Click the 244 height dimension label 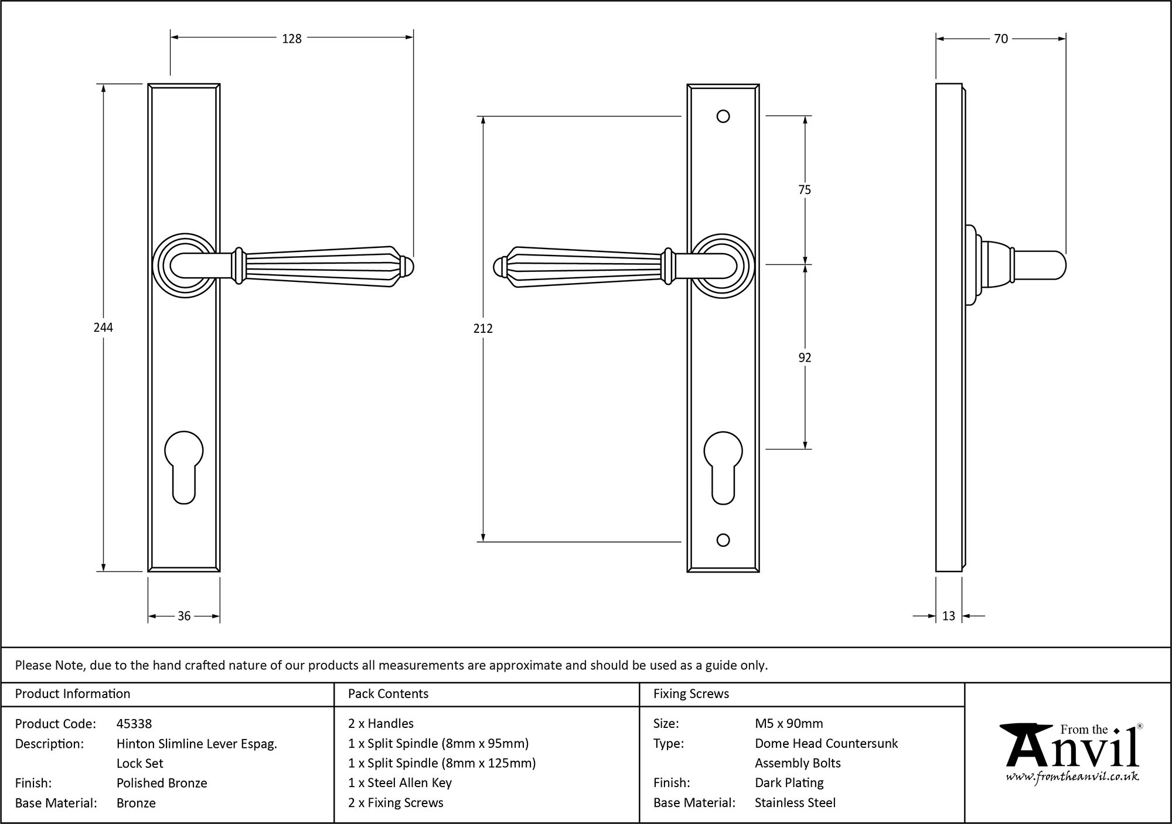[103, 328]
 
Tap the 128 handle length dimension [291, 39]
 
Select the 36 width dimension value [184, 616]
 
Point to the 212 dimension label [483, 329]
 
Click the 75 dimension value [805, 190]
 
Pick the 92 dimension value [805, 357]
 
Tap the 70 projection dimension [1001, 39]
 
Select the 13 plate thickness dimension [949, 616]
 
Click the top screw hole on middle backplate [723, 116]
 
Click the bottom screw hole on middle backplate [723, 540]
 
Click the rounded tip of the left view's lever [408, 267]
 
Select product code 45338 [134, 724]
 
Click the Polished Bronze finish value [162, 783]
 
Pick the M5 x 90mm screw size [789, 724]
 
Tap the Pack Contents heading [388, 694]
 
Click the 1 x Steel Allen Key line [400, 783]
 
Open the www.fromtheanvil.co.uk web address [1072, 777]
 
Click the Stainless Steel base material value [795, 803]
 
